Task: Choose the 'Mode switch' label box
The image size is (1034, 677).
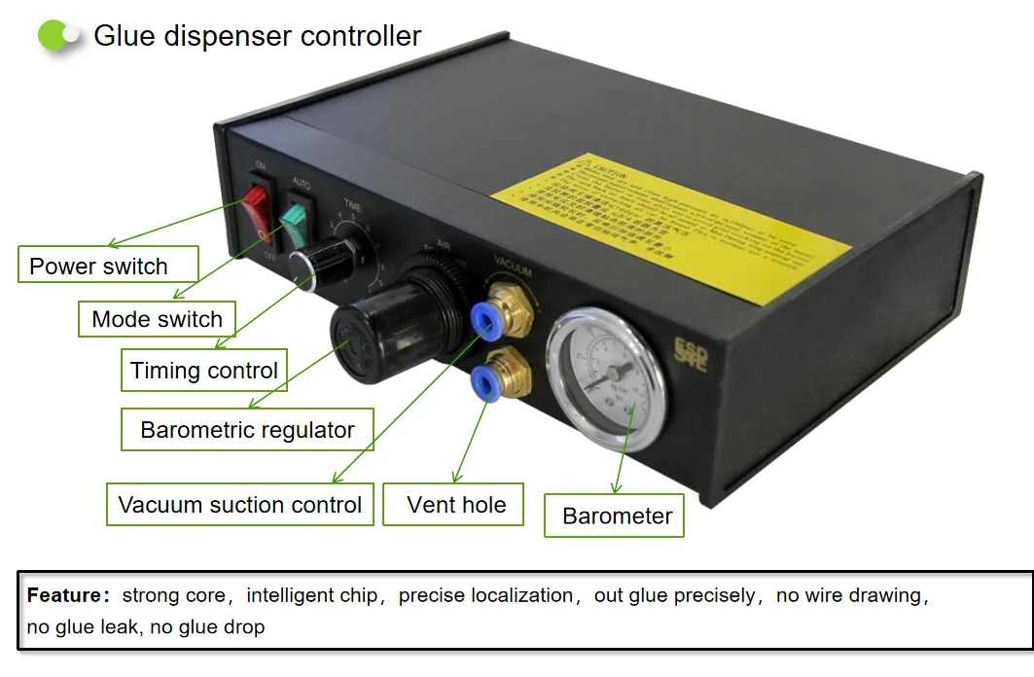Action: [x=157, y=318]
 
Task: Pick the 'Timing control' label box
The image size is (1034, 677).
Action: [x=204, y=371]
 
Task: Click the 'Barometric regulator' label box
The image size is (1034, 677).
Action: [x=247, y=430]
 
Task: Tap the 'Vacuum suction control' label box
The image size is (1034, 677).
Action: [x=239, y=505]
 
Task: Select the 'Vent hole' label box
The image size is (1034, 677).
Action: [x=456, y=505]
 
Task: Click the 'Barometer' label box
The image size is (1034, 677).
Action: [x=617, y=516]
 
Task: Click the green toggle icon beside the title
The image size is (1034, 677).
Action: [x=58, y=36]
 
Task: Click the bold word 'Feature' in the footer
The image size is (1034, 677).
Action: [x=64, y=595]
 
